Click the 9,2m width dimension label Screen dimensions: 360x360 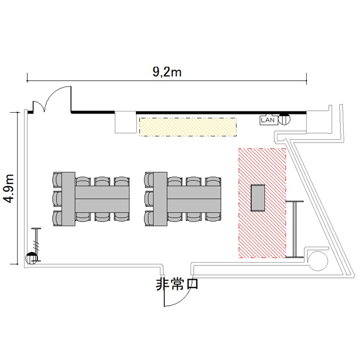[x=167, y=72]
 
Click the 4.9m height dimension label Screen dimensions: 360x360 [x=10, y=189]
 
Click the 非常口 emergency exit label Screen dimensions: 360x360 [x=177, y=284]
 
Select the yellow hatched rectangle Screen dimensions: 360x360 [x=188, y=127]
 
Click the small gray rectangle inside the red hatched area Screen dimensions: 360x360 [x=258, y=198]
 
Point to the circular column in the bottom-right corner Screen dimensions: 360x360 [x=318, y=261]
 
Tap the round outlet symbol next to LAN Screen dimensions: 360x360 [x=284, y=119]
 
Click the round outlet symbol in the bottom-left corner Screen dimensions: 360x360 [x=32, y=259]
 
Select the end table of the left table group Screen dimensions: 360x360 [x=68, y=199]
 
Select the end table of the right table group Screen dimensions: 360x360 [x=160, y=199]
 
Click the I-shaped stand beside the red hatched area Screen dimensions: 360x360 [x=295, y=229]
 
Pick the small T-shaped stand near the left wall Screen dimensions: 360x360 [x=36, y=244]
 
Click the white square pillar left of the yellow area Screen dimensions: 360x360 [x=125, y=122]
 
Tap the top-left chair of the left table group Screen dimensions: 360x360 [x=57, y=180]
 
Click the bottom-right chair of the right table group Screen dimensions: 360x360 [x=213, y=216]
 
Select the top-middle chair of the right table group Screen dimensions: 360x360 [x=194, y=181]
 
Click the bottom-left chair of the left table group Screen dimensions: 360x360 [x=57, y=218]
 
